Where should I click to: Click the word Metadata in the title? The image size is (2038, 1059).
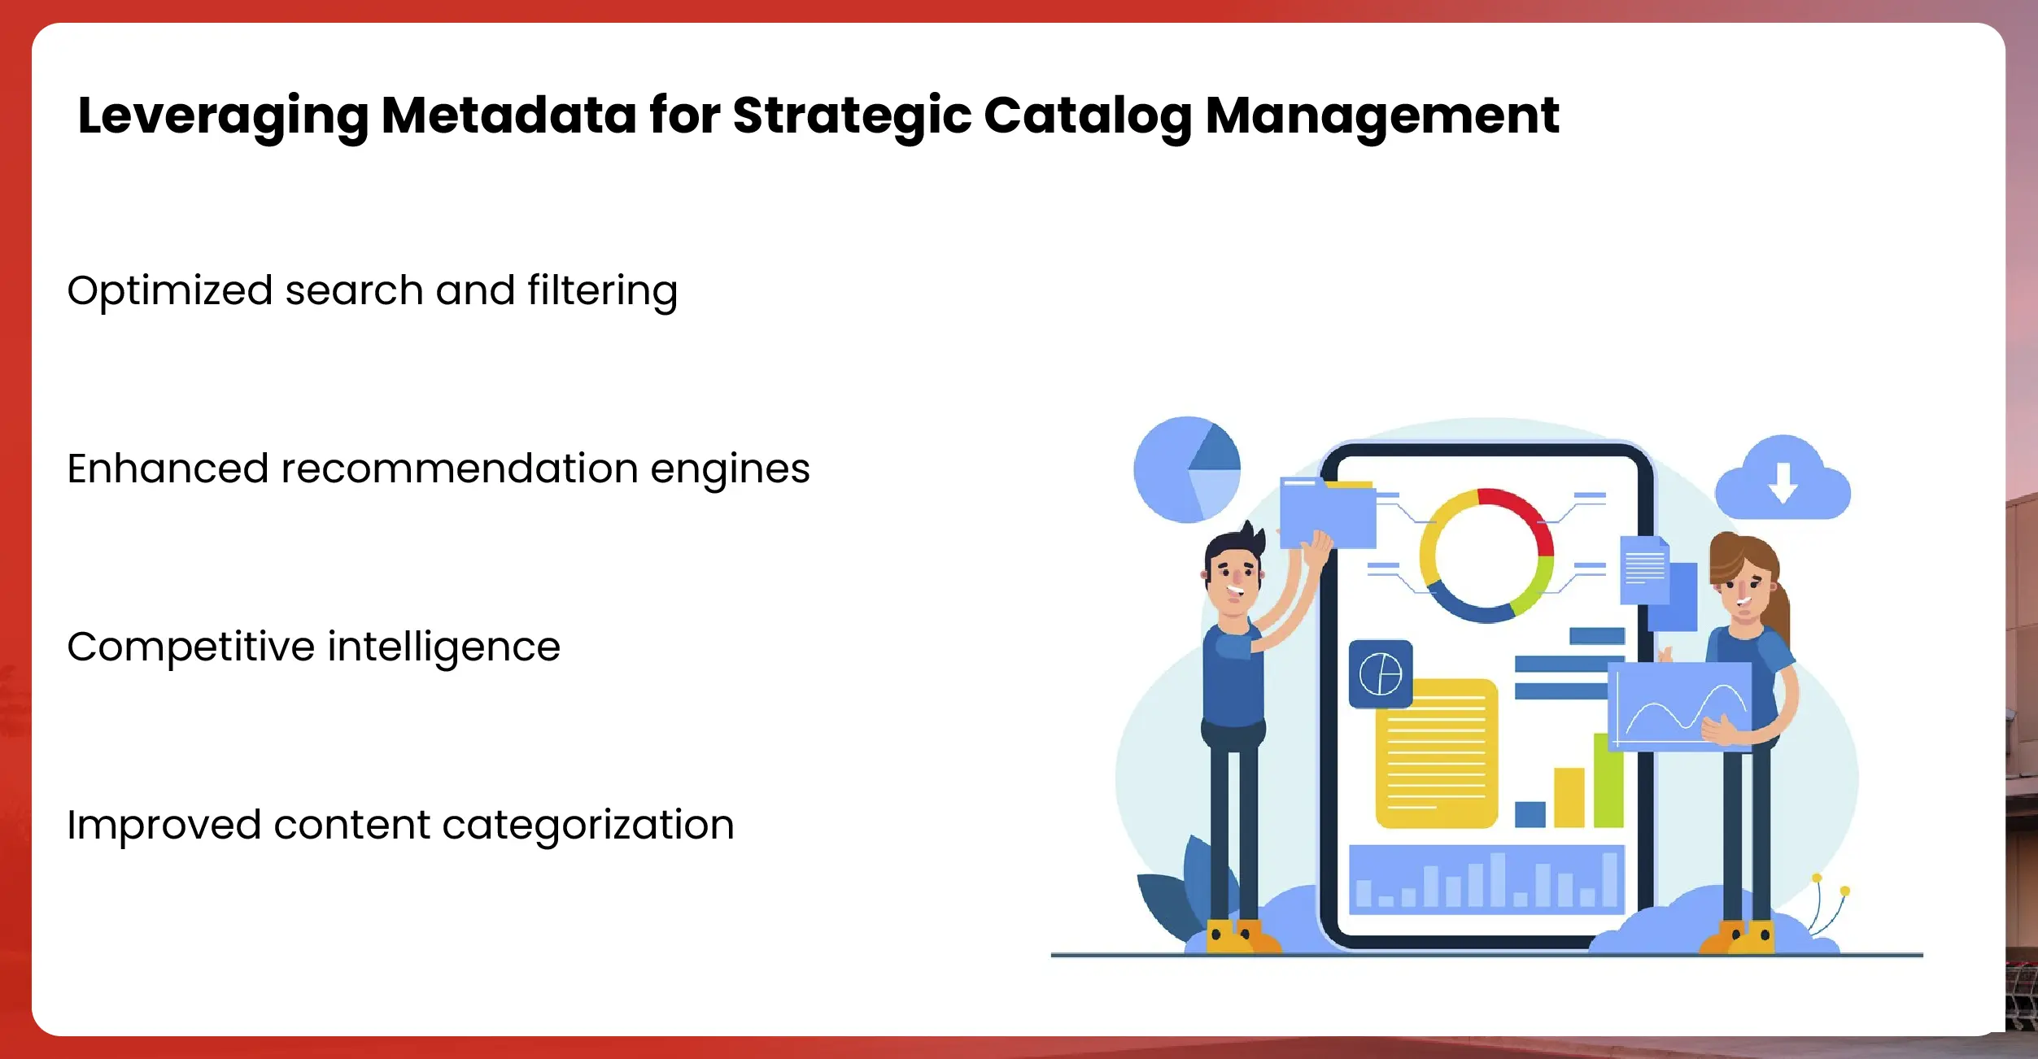pyautogui.click(x=508, y=115)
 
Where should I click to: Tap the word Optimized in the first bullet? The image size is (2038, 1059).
pyautogui.click(x=169, y=291)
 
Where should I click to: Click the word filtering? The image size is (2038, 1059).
pyautogui.click(x=602, y=291)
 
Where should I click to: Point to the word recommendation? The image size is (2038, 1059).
pyautogui.click(x=460, y=468)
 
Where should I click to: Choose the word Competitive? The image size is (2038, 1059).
pyautogui.click(x=191, y=648)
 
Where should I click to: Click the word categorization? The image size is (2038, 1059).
pyautogui.click(x=587, y=826)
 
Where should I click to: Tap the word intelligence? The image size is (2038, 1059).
pyautogui.click(x=444, y=648)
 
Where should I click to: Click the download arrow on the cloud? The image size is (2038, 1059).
pyautogui.click(x=1783, y=482)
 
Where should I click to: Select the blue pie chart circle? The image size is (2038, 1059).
pyautogui.click(x=1187, y=469)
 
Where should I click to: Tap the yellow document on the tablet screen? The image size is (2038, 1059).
pyautogui.click(x=1436, y=753)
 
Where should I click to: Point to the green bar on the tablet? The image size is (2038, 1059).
pyautogui.click(x=1608, y=780)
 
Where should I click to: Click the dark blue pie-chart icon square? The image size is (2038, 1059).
pyautogui.click(x=1381, y=674)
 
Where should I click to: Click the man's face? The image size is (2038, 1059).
pyautogui.click(x=1235, y=579)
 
